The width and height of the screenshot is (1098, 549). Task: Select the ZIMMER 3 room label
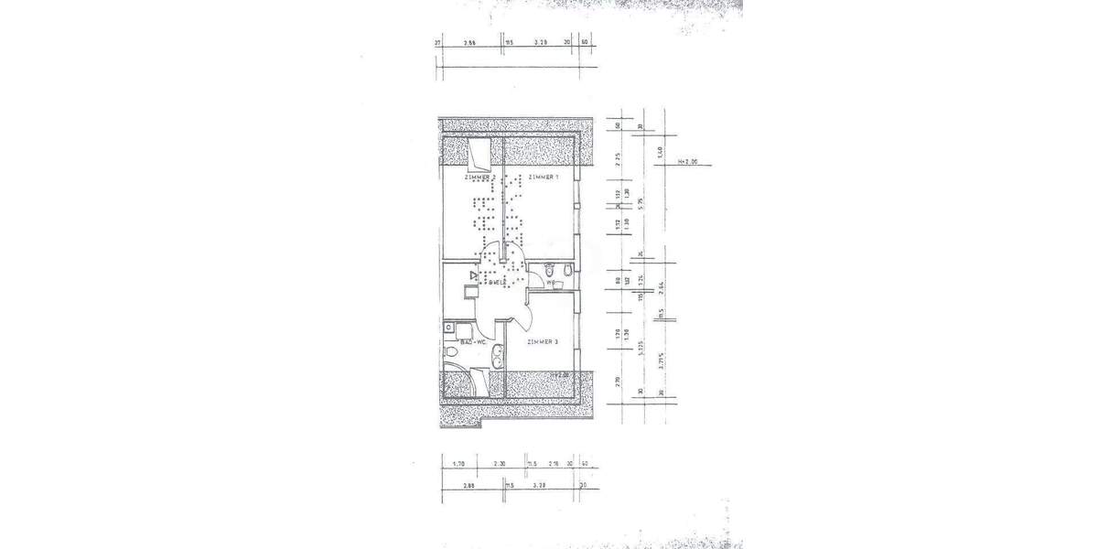(543, 341)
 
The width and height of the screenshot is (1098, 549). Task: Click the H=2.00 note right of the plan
(687, 161)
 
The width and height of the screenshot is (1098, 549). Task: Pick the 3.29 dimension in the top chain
(541, 43)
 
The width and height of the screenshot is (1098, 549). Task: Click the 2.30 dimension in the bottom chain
(500, 464)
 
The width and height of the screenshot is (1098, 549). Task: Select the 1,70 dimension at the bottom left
(459, 464)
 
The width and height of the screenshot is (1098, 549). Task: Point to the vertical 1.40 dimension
(660, 151)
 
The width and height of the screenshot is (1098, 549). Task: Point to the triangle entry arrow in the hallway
(472, 274)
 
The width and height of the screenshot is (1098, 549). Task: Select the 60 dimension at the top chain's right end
(584, 43)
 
